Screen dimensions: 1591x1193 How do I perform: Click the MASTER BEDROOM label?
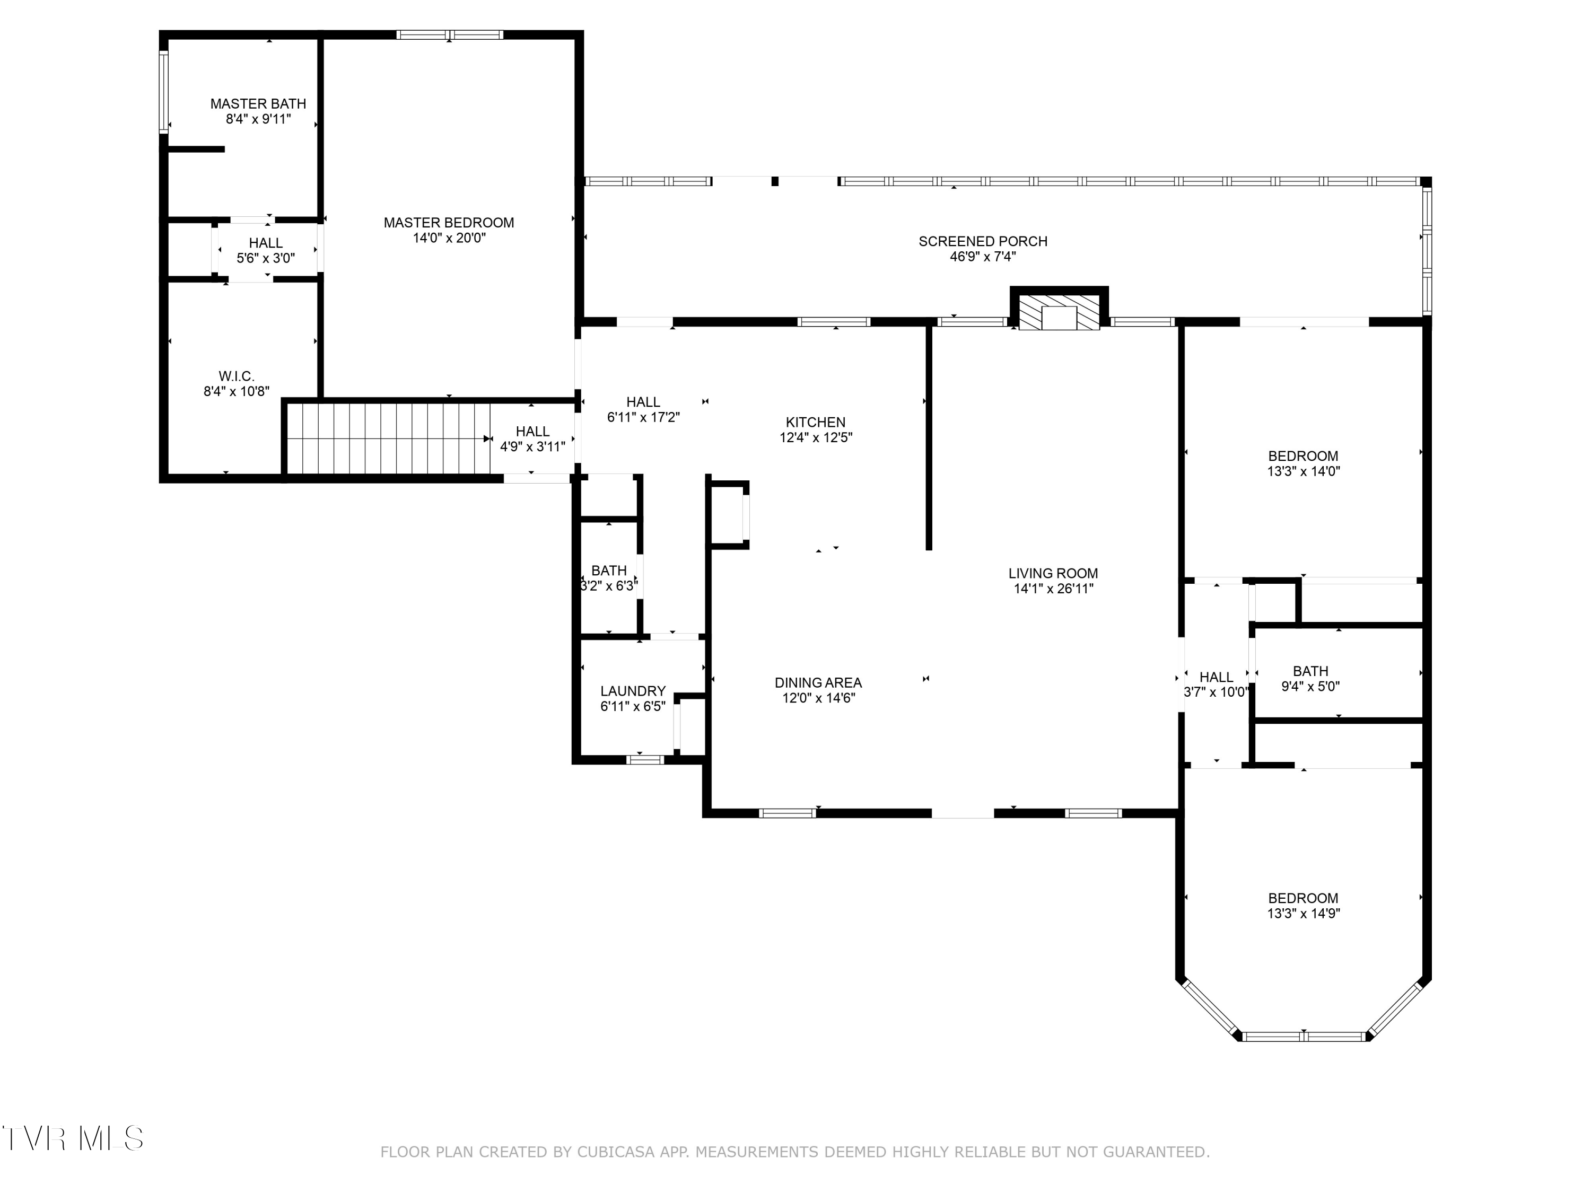click(449, 223)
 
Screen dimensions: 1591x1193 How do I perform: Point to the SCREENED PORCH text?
click(983, 242)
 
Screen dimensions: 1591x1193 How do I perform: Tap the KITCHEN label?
click(816, 423)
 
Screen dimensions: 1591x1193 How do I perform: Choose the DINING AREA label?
click(818, 683)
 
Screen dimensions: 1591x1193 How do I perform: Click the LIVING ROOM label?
click(1053, 574)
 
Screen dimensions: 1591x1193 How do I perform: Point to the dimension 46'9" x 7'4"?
click(983, 257)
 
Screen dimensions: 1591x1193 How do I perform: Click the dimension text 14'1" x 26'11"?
click(1054, 589)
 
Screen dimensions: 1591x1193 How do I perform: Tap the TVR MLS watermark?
click(73, 1138)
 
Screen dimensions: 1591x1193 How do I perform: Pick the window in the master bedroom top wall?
click(450, 34)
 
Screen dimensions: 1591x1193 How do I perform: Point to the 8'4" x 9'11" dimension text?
click(258, 119)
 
